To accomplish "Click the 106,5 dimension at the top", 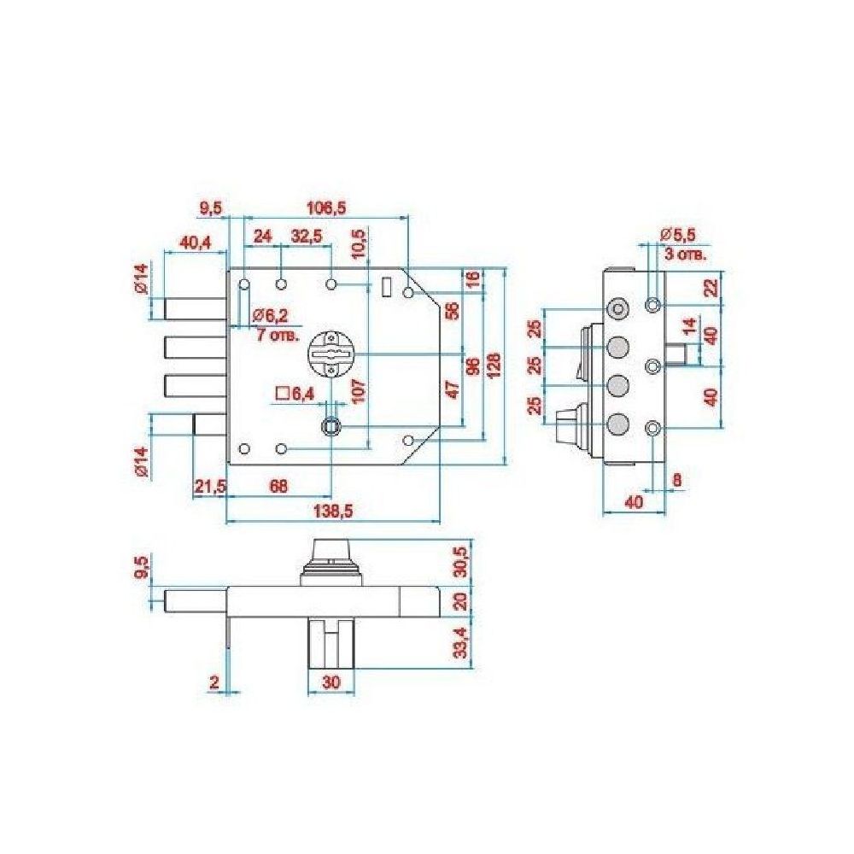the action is point(327,208).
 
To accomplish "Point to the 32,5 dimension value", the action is point(307,237).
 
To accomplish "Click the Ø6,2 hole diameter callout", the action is point(271,315).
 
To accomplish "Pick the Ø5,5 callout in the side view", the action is point(677,236).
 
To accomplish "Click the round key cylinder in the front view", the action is point(330,354).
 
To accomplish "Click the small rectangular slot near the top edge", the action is point(387,286).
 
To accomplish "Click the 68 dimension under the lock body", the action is point(278,486).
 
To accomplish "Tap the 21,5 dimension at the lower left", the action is point(210,486).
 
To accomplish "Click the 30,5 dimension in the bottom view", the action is point(460,562).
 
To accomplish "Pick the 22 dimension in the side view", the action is point(711,288).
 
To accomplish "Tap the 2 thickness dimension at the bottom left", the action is point(214,681).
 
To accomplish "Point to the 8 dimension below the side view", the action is point(677,480).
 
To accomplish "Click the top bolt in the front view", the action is point(195,309).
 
